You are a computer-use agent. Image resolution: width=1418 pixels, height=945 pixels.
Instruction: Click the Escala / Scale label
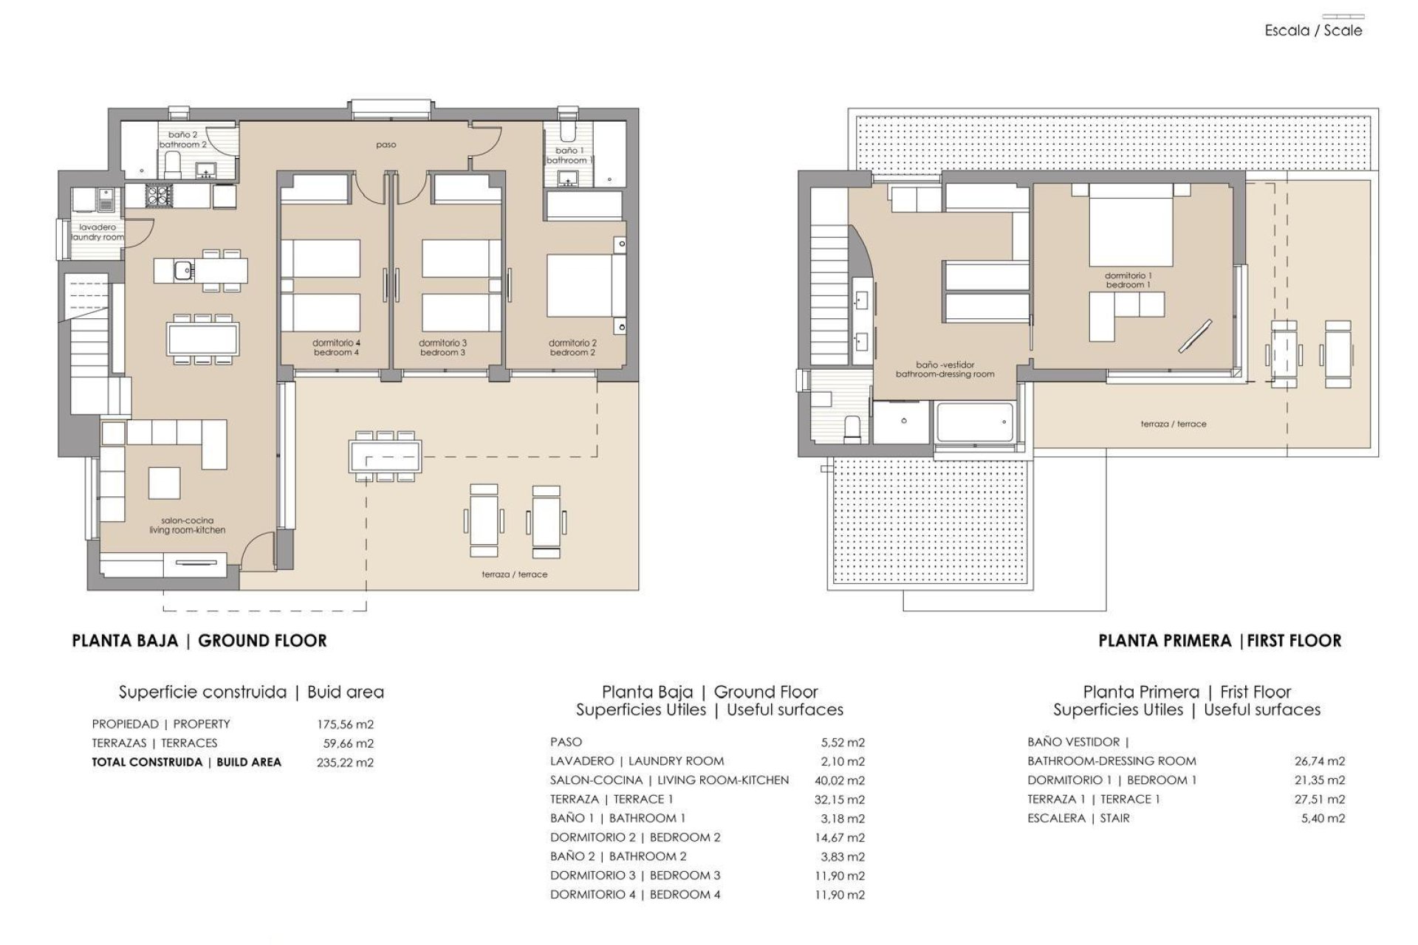(1313, 30)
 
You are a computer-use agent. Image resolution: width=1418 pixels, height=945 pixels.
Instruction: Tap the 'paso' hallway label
(386, 145)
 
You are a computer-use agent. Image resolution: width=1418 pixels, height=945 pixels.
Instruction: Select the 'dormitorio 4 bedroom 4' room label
(336, 348)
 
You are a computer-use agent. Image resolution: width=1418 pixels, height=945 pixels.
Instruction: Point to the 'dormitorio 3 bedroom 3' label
(442, 348)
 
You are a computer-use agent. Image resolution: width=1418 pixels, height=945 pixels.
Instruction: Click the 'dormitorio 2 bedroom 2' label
(572, 348)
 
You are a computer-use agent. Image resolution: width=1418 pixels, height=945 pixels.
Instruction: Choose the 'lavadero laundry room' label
(97, 233)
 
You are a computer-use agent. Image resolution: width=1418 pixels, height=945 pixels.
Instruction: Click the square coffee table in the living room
(164, 483)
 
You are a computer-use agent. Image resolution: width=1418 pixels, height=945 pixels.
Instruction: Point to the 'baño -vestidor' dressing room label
(945, 369)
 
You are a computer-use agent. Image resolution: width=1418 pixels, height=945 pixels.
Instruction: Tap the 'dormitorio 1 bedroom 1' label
(1128, 280)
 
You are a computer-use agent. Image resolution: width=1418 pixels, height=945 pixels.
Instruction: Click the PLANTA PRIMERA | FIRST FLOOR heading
(1219, 641)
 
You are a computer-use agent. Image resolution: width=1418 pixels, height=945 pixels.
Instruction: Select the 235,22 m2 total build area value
(345, 763)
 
